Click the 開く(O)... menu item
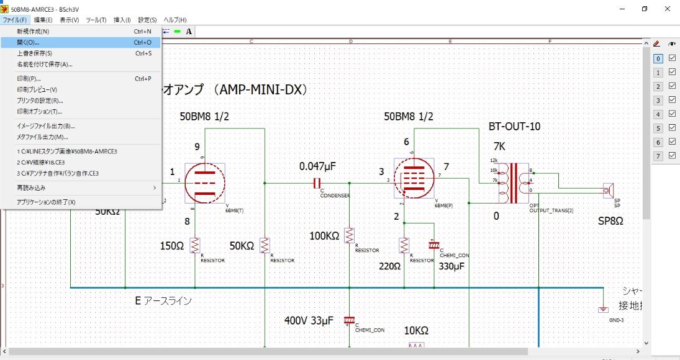click(28, 42)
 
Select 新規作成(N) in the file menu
click(33, 31)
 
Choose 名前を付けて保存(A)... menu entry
click(45, 64)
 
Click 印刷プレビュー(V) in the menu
click(37, 89)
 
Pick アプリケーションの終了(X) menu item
click(47, 202)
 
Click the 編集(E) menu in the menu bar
click(43, 20)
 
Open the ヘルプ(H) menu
click(175, 20)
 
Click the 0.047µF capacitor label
click(317, 166)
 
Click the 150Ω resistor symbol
click(195, 245)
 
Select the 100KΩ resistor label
click(324, 236)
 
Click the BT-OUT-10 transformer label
click(514, 127)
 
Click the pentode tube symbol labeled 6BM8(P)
click(414, 179)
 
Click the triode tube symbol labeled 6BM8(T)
click(204, 182)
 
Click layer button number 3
click(658, 101)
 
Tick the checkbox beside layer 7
click(672, 156)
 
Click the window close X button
click(667, 9)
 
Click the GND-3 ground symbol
click(602, 309)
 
